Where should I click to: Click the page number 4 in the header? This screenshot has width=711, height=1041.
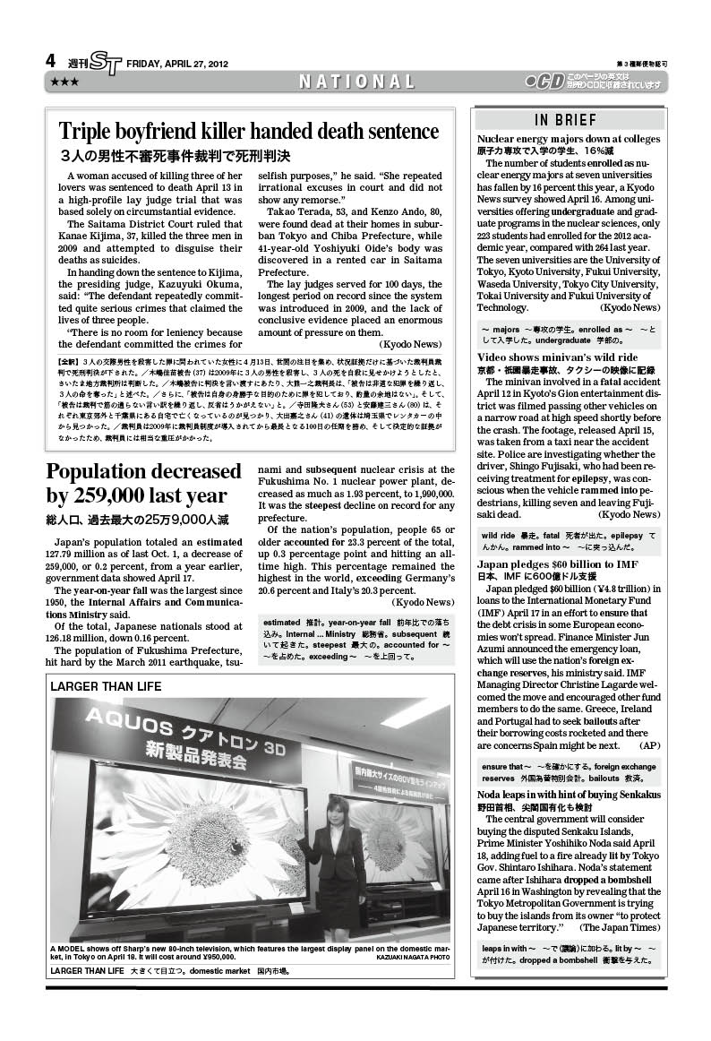(51, 62)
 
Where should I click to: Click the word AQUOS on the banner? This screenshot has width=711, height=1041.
(134, 726)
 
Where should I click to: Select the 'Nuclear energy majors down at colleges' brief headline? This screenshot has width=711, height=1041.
(569, 140)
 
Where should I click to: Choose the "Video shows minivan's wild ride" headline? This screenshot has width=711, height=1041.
(557, 357)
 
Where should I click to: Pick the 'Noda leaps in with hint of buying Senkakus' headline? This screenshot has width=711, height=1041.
(569, 795)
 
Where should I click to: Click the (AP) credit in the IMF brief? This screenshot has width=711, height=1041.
(650, 745)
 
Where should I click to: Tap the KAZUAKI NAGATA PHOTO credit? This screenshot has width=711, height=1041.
(413, 958)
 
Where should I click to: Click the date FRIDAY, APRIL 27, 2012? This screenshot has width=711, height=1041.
(177, 64)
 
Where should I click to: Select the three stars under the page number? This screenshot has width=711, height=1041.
(64, 82)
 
